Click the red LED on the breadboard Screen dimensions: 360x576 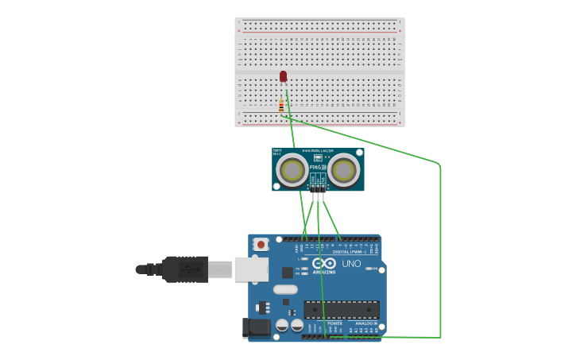click(283, 76)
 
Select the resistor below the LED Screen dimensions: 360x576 click(281, 105)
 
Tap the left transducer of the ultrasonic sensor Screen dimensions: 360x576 click(292, 170)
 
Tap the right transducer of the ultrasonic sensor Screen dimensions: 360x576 click(344, 170)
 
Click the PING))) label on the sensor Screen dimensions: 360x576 click(318, 168)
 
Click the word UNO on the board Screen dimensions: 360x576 click(351, 264)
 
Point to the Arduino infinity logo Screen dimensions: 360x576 click(323, 263)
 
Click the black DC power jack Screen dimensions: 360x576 click(253, 327)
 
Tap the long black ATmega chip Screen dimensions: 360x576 click(342, 309)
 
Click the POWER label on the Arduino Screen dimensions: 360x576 click(334, 323)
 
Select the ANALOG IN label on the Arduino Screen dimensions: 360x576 click(365, 323)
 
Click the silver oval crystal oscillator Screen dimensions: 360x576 click(285, 289)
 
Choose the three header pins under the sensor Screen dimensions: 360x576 click(318, 189)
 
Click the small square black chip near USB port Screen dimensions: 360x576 click(287, 272)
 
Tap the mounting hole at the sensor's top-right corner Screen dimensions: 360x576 click(358, 153)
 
